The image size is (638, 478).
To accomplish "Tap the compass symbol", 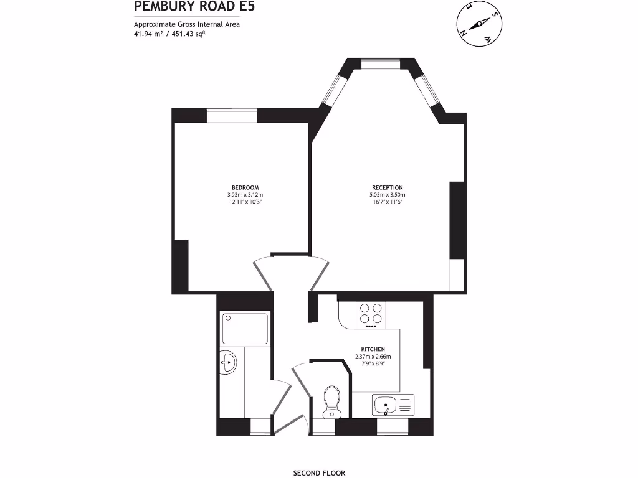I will click(x=478, y=24).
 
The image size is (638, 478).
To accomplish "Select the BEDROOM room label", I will click(x=245, y=187).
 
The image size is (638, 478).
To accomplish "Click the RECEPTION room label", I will click(x=387, y=187).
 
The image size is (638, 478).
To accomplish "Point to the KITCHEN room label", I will click(x=373, y=349).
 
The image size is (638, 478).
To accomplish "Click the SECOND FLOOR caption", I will click(x=318, y=472).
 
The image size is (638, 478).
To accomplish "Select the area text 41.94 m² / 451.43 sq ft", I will click(x=169, y=34).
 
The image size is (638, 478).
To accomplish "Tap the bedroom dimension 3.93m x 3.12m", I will click(x=245, y=195).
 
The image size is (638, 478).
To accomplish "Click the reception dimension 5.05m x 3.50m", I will click(x=387, y=195).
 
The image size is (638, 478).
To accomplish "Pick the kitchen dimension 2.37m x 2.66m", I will click(x=373, y=356).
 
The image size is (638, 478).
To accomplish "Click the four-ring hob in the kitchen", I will click(x=372, y=314).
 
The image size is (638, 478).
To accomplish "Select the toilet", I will click(x=331, y=401).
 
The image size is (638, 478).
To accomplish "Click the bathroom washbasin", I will click(x=229, y=363).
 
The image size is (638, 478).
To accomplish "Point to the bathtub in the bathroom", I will click(x=245, y=329).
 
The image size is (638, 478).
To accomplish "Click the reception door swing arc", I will click(x=318, y=273).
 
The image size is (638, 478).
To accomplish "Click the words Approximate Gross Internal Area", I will click(x=187, y=25).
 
